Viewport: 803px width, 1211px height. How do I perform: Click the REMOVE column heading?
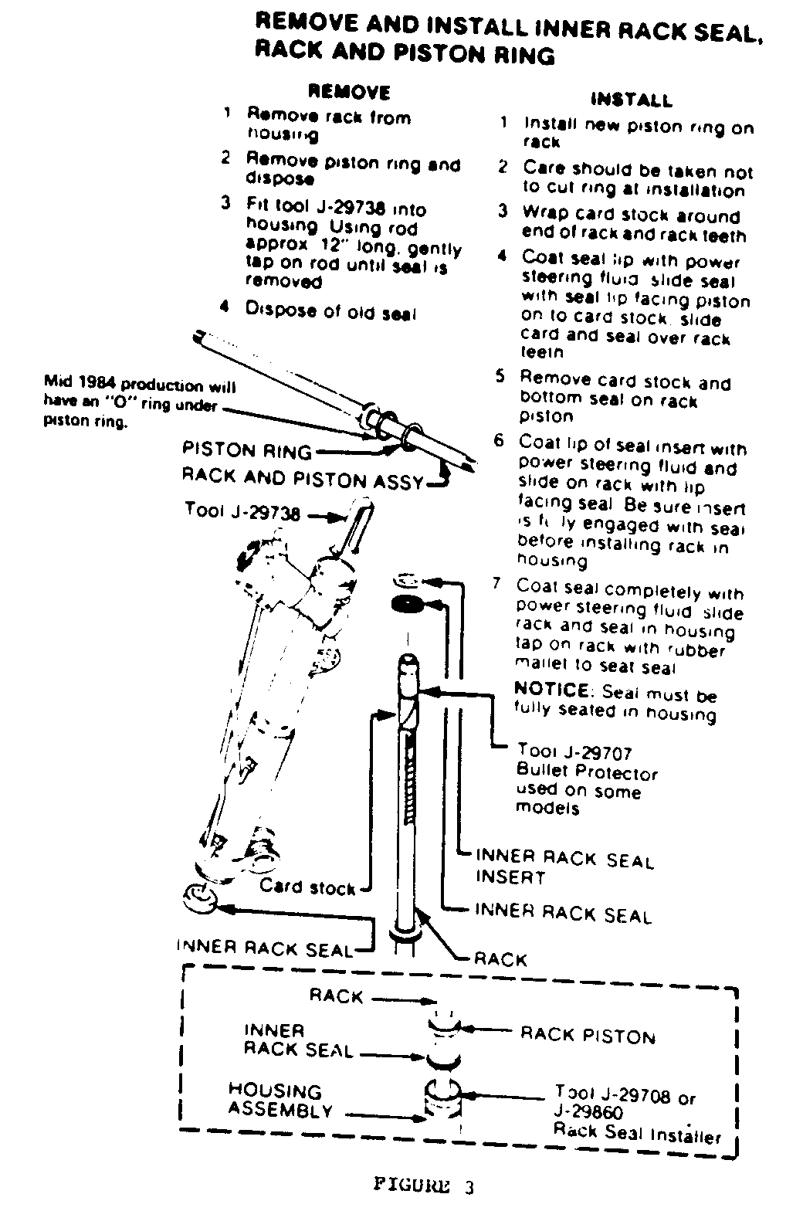349,93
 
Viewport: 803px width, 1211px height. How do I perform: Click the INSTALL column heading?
631,100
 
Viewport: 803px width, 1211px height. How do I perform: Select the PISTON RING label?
246,451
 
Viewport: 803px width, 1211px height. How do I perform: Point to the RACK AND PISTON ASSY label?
303,480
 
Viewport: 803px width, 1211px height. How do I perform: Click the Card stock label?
307,887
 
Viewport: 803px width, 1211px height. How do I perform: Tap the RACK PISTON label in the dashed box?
588,1036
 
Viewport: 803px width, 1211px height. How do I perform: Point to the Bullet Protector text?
587,773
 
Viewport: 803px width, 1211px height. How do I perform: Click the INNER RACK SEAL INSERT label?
564,867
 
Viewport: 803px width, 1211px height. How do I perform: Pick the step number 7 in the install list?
499,585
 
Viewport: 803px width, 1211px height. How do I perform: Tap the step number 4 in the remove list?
225,307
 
